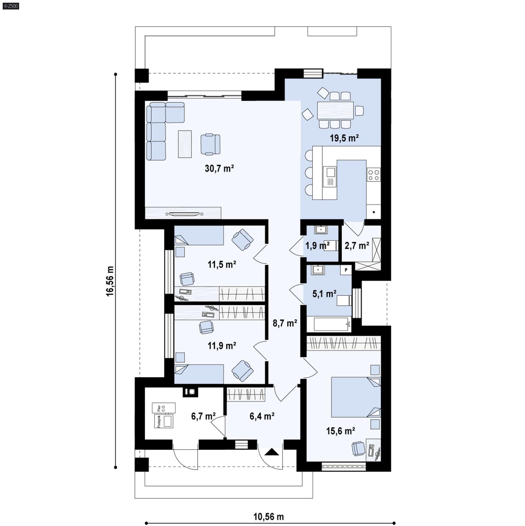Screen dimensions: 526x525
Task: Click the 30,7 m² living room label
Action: (x=219, y=169)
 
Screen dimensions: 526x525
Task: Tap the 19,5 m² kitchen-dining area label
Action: (x=344, y=138)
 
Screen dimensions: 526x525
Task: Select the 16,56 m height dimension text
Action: (x=110, y=281)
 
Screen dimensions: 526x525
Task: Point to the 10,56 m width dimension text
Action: (x=268, y=517)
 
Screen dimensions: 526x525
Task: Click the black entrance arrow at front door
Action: (x=272, y=453)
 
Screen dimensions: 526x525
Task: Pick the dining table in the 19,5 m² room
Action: (x=335, y=110)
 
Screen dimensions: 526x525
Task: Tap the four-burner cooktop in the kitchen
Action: (x=373, y=174)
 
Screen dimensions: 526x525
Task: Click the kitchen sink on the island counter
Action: (x=330, y=177)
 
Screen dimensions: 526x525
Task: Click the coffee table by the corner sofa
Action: (x=185, y=144)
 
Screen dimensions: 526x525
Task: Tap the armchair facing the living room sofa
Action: (x=210, y=144)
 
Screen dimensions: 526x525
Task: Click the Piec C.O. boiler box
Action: (x=163, y=408)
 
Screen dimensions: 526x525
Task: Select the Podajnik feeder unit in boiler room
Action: (x=164, y=421)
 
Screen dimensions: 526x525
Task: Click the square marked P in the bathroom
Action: (x=346, y=270)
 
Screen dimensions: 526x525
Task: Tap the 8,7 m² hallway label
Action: (x=285, y=323)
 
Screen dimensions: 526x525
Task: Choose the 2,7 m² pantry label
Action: (x=357, y=245)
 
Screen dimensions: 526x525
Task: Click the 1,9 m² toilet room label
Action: (x=317, y=245)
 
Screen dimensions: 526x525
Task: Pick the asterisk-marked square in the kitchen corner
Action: (x=374, y=212)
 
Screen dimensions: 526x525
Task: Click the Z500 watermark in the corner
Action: (x=11, y=6)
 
